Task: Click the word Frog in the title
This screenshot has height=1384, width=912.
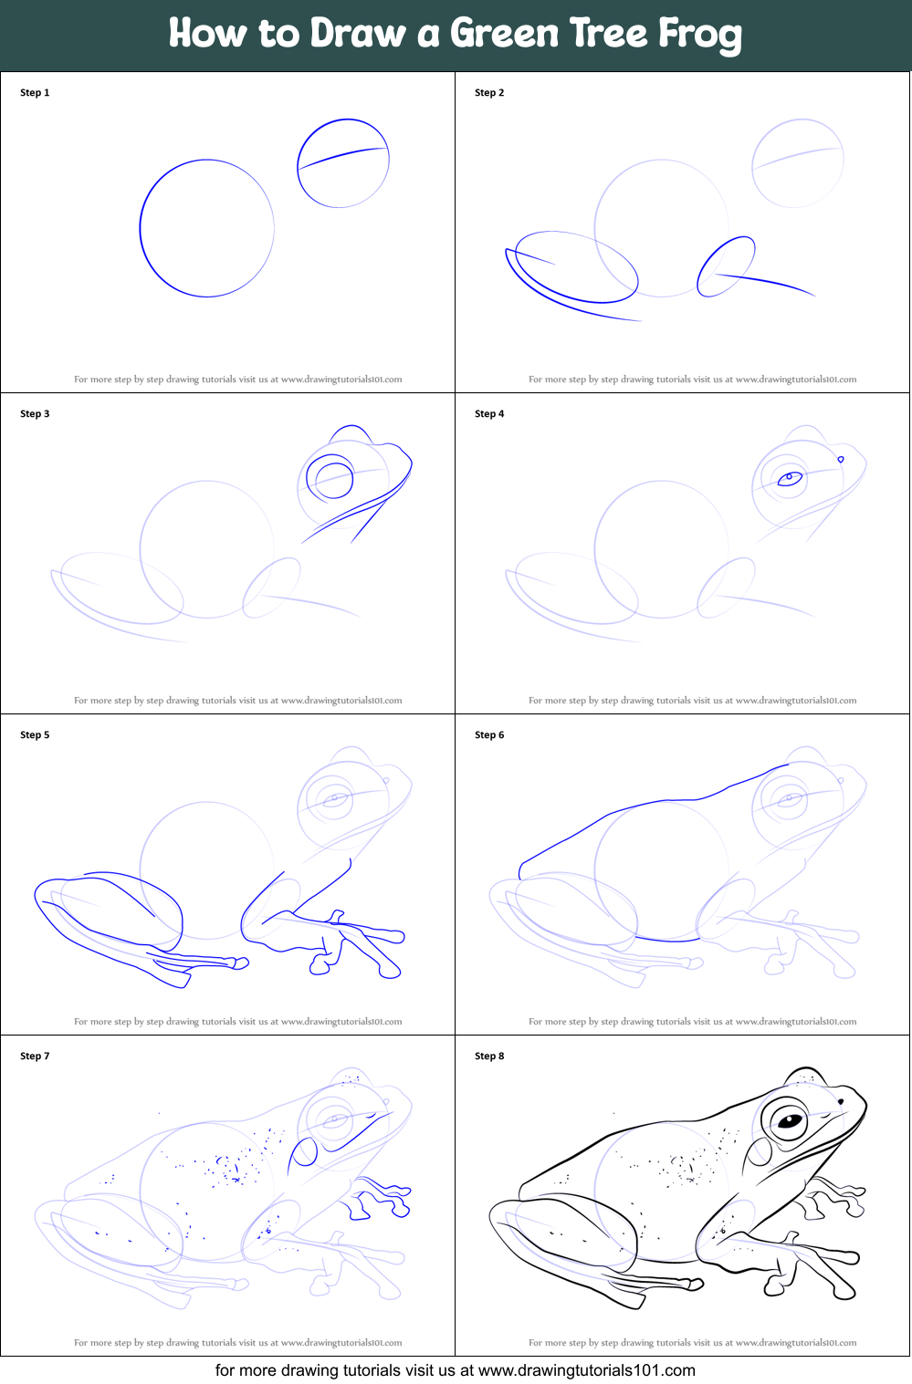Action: [699, 35]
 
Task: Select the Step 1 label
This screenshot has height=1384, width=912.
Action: [35, 93]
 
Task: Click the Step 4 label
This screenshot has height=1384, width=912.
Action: [489, 414]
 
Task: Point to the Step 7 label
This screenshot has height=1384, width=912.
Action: [35, 1056]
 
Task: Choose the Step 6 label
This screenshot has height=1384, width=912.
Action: [489, 734]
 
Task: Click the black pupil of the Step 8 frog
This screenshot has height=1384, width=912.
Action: [790, 1120]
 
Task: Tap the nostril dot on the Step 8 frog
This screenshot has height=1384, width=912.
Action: [840, 1101]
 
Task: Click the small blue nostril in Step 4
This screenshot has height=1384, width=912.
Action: [841, 459]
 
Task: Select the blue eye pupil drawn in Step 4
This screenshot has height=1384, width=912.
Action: [790, 478]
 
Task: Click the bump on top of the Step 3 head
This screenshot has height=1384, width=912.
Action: [351, 426]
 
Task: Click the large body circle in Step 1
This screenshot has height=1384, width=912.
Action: [141, 229]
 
